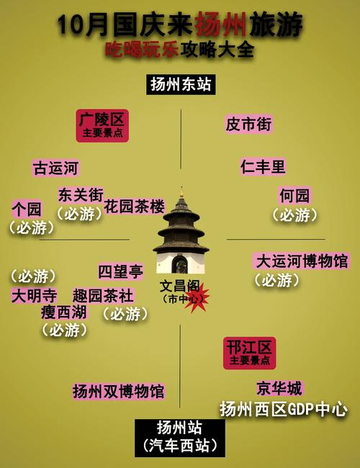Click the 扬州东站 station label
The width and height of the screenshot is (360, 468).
[181, 84]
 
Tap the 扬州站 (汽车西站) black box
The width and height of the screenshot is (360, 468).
[180, 438]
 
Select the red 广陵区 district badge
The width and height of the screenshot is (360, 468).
[102, 126]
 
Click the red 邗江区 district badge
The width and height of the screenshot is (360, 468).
[249, 353]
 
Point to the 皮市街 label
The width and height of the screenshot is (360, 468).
[248, 124]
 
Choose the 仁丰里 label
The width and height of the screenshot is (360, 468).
[263, 166]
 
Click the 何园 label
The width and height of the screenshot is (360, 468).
[294, 196]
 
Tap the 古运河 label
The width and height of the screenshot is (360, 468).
[56, 168]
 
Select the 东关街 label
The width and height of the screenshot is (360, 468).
[81, 195]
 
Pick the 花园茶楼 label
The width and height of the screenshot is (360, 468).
[135, 206]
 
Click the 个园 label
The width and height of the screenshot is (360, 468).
[27, 210]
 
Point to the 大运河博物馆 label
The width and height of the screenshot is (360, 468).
[302, 261]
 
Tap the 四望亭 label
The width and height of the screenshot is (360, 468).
[121, 271]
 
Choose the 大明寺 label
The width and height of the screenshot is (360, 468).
[35, 295]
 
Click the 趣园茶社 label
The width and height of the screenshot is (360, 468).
[103, 295]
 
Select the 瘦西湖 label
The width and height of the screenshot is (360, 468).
[64, 312]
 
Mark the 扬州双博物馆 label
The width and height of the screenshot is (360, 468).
[119, 391]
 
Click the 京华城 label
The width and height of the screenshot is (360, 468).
[279, 388]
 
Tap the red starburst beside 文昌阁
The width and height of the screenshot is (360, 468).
[197, 297]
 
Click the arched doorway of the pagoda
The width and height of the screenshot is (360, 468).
[180, 265]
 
